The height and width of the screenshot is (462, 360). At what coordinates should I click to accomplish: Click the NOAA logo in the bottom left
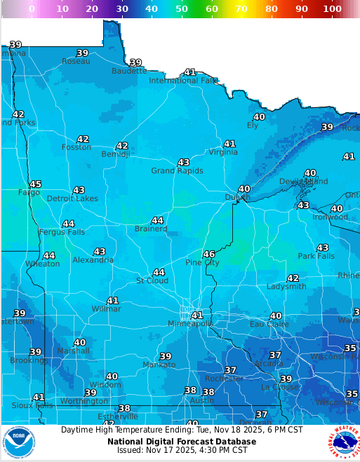(18, 442)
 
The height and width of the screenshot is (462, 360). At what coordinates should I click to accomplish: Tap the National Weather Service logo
(343, 442)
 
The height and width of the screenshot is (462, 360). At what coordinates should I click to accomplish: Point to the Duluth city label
(237, 198)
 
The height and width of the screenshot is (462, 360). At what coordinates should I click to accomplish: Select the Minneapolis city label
(190, 324)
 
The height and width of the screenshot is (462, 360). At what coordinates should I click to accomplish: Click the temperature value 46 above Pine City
(209, 254)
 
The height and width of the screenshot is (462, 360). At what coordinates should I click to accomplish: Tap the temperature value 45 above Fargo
(35, 184)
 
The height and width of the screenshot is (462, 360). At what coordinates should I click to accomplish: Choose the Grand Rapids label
(177, 171)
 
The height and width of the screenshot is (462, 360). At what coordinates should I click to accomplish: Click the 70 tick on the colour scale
(241, 8)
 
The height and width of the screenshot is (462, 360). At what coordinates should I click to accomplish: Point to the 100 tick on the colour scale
(332, 8)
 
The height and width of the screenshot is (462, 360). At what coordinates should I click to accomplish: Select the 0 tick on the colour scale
(32, 8)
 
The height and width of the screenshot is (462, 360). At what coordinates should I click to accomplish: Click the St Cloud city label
(152, 281)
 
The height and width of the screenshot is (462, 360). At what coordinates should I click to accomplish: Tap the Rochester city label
(224, 379)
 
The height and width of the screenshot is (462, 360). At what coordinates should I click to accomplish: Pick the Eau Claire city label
(269, 325)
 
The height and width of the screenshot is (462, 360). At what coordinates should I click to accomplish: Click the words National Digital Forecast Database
(182, 442)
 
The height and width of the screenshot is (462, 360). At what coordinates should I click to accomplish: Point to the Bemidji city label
(116, 154)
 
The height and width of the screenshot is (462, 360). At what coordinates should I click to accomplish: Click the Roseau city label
(76, 62)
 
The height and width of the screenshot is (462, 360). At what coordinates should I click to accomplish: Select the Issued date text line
(182, 451)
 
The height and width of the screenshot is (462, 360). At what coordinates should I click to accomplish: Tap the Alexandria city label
(93, 260)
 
